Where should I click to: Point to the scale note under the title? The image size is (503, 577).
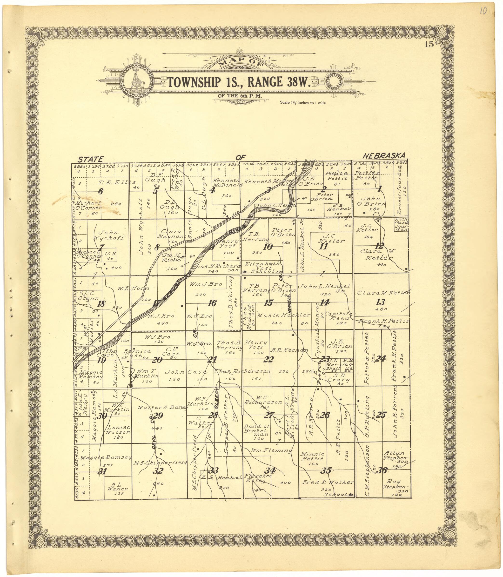click(x=302, y=103)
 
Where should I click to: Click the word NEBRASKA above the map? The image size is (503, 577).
click(x=384, y=156)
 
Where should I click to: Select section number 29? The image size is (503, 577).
click(x=158, y=415)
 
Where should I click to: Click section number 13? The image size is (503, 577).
click(x=380, y=302)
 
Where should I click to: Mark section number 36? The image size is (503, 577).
click(x=382, y=471)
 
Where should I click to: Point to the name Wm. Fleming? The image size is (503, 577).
click(x=271, y=450)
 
